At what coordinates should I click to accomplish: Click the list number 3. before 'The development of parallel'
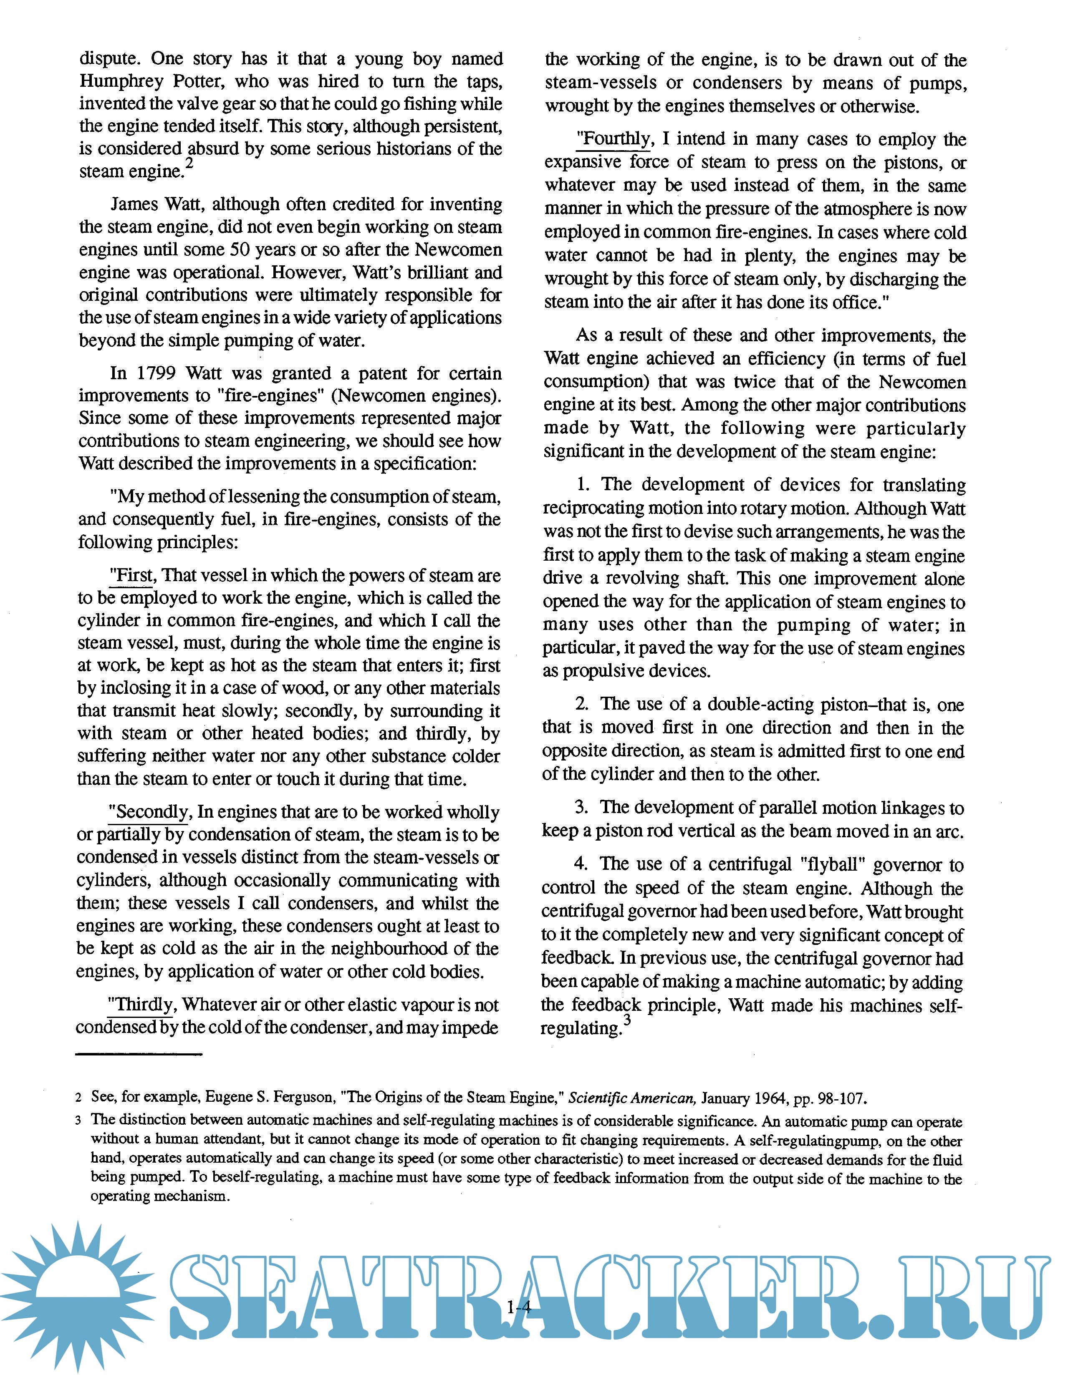click(581, 808)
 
